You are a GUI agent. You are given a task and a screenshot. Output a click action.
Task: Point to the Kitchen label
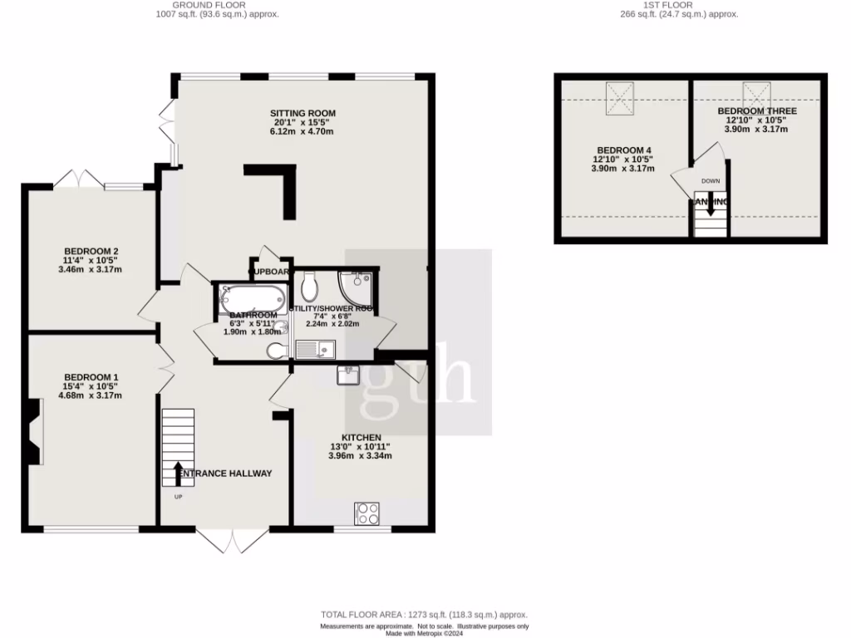coord(361,438)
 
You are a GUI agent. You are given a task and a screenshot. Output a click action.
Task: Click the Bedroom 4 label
coord(622,150)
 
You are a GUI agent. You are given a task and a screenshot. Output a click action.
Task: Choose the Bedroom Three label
coord(757,110)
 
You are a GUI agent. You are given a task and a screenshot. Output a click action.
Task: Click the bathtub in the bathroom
coord(254,297)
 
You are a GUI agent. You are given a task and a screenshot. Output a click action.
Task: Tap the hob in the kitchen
coord(366,513)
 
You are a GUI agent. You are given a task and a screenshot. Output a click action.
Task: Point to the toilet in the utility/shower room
coord(310,287)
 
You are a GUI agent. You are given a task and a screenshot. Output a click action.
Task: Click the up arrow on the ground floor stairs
coord(178,475)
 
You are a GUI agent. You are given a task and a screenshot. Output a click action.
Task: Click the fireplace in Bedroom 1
coord(32,431)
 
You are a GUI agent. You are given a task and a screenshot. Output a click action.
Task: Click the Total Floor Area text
coord(425,615)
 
